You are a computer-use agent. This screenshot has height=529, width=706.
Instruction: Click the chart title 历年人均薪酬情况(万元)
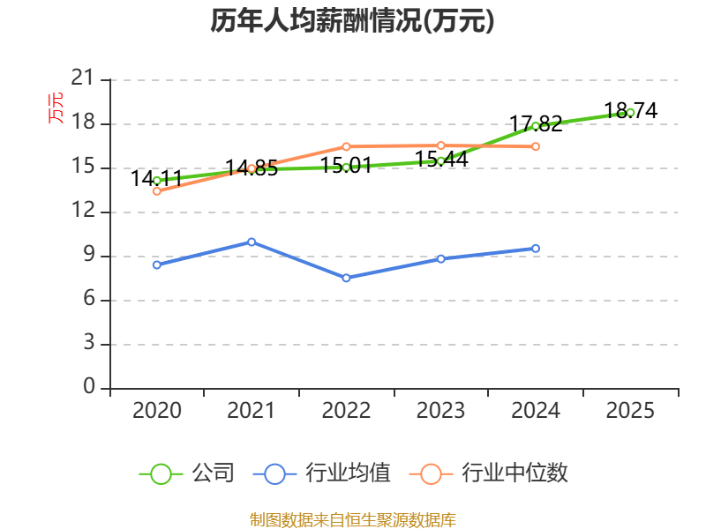click(x=352, y=21)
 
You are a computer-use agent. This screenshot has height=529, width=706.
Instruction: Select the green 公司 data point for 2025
click(x=630, y=112)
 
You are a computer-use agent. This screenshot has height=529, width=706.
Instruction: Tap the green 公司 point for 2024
click(x=536, y=126)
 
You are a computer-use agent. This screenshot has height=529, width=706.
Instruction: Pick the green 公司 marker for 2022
click(x=346, y=167)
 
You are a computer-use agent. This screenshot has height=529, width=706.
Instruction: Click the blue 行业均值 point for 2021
click(x=252, y=242)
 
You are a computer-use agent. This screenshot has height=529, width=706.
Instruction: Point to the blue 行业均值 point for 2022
click(x=346, y=278)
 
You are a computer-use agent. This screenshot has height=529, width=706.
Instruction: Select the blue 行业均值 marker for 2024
click(x=536, y=249)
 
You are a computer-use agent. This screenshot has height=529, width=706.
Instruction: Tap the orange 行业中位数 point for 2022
click(x=346, y=146)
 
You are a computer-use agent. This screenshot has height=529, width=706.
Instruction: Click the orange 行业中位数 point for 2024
click(x=536, y=146)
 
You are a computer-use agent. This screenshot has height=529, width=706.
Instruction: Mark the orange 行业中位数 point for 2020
click(x=157, y=190)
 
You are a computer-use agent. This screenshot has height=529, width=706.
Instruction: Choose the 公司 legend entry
click(x=187, y=473)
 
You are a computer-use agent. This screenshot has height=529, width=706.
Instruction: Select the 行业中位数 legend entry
click(x=488, y=473)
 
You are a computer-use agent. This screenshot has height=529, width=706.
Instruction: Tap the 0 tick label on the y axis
click(x=89, y=387)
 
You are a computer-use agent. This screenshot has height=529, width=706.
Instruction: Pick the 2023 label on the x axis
click(x=440, y=411)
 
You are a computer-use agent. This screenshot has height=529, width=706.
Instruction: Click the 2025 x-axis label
click(x=630, y=411)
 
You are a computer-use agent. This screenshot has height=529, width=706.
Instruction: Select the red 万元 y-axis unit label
click(x=56, y=108)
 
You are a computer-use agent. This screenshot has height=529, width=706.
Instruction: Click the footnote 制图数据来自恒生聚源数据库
click(x=352, y=519)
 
